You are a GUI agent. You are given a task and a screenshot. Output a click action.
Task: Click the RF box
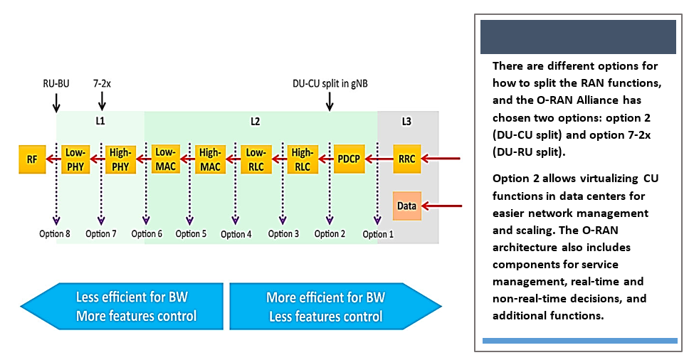[32, 159]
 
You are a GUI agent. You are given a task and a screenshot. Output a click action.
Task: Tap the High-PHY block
[120, 159]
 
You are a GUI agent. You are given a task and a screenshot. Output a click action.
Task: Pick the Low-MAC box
[165, 159]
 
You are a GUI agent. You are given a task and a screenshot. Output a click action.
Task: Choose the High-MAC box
[211, 159]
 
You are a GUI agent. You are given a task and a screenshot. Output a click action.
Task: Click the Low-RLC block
[256, 159]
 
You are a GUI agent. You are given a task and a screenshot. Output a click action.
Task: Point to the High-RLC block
[302, 159]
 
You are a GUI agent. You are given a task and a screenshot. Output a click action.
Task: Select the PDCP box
[349, 159]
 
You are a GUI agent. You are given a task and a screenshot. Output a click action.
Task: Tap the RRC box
[407, 159]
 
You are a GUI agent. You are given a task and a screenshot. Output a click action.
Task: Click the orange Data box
[407, 206]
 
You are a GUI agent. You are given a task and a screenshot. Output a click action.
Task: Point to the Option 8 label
[55, 234]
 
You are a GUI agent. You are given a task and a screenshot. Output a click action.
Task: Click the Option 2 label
[330, 234]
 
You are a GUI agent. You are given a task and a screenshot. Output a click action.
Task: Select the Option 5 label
[191, 234]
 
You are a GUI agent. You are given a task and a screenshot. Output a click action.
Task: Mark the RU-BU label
[56, 83]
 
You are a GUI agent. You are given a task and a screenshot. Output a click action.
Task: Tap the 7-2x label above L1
[102, 83]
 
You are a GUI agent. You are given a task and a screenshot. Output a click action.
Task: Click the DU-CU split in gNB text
[330, 83]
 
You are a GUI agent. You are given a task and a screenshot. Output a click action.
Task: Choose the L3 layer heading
[406, 122]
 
